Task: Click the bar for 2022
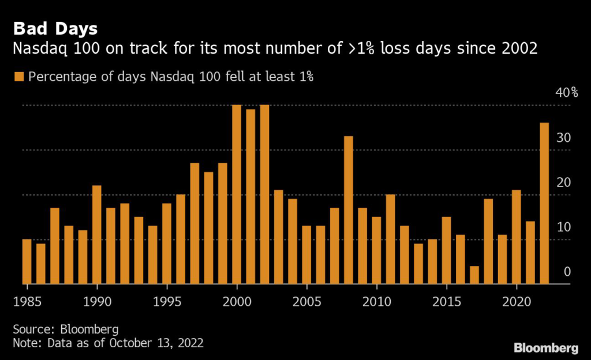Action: [x=544, y=203]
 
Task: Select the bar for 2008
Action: [x=348, y=210]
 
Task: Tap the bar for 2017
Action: [x=474, y=275]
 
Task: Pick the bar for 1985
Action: [x=27, y=261]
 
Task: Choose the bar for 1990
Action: [x=96, y=235]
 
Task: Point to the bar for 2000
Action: [x=236, y=194]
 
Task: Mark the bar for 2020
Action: [x=516, y=237]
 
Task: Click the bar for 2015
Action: [x=446, y=250]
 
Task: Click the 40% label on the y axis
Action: [x=566, y=93]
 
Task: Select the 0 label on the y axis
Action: [x=567, y=272]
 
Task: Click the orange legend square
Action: [x=19, y=77]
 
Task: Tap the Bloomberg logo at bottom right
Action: [x=545, y=347]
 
